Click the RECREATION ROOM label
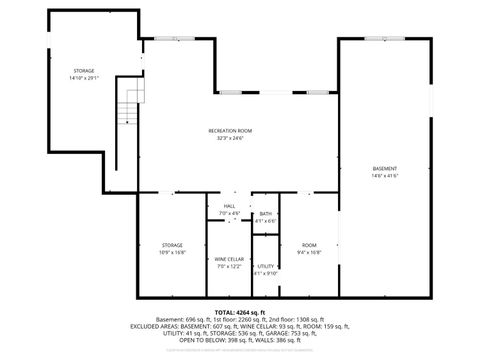[229, 130]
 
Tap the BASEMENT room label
[384, 167]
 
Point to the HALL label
[229, 206]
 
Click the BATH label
[265, 213]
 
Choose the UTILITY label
[265, 266]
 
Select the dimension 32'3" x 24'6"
[229, 138]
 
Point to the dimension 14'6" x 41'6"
[384, 175]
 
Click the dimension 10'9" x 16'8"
[173, 253]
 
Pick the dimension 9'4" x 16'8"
[310, 253]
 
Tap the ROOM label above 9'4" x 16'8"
[310, 246]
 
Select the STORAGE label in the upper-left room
[84, 71]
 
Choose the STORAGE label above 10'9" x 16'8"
[173, 246]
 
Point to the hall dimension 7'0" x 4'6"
[229, 213]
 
